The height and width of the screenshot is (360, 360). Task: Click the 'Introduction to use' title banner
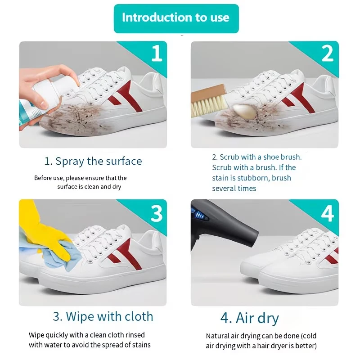tap(176, 18)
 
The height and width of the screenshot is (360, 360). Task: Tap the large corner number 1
tap(157, 53)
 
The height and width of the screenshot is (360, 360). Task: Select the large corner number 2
tap(328, 53)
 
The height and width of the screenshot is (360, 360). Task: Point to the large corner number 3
tap(156, 213)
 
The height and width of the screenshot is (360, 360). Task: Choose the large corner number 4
tap(328, 213)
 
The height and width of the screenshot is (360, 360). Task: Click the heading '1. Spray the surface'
tap(93, 162)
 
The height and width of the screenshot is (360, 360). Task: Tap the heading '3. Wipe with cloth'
tap(103, 317)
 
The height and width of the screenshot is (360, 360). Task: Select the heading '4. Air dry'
tap(250, 319)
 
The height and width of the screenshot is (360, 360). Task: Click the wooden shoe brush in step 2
tap(209, 100)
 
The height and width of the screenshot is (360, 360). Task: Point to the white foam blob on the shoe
tap(244, 112)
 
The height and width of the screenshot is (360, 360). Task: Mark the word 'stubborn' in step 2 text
tap(253, 178)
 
